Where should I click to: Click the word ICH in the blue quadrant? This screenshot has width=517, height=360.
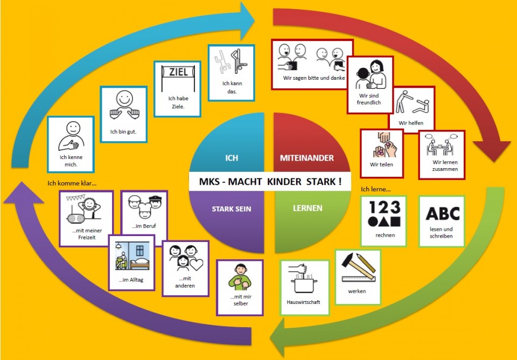tap(232, 158)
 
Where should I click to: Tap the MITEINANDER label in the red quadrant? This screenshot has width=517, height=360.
tap(306, 158)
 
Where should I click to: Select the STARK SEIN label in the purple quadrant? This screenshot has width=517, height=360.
tap(231, 209)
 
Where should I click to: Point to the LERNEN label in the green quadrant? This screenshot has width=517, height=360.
tap(308, 208)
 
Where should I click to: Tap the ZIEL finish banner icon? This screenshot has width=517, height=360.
tap(178, 78)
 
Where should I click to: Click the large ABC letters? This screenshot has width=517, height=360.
tap(443, 213)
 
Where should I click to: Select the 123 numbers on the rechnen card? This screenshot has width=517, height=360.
tap(385, 207)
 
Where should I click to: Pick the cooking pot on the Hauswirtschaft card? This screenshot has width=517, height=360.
tap(304, 285)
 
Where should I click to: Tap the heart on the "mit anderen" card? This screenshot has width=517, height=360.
tap(197, 264)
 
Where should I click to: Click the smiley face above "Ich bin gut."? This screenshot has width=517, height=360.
tap(124, 98)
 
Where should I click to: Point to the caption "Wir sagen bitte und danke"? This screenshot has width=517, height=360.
tap(314, 78)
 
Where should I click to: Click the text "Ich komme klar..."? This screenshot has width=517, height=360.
tap(72, 183)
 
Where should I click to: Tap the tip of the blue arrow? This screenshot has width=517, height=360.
tap(255, 20)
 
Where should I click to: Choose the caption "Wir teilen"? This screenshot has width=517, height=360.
tap(381, 164)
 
